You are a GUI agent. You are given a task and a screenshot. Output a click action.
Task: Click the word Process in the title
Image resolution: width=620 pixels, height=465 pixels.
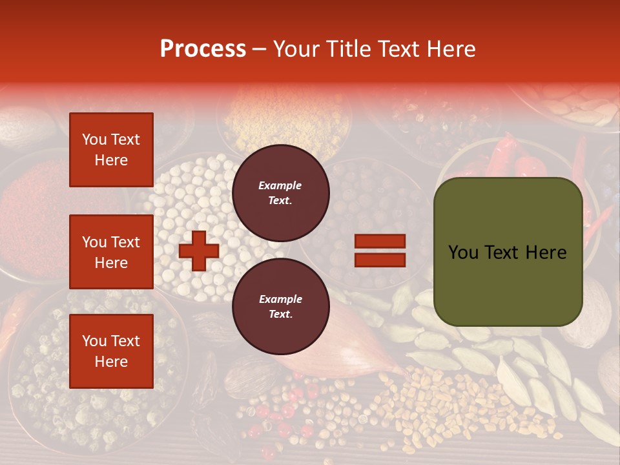(x=203, y=49)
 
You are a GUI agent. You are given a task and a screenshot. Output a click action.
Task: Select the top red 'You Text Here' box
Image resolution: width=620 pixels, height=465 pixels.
(x=111, y=150)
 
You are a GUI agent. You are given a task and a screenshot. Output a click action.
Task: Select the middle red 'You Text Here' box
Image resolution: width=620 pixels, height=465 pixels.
(x=111, y=252)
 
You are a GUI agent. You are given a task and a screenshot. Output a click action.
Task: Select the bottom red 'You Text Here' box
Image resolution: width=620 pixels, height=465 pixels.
(x=111, y=351)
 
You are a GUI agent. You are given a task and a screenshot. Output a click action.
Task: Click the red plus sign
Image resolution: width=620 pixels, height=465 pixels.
(x=198, y=251)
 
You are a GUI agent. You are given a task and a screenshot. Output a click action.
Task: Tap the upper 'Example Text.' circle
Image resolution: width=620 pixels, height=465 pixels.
(x=280, y=192)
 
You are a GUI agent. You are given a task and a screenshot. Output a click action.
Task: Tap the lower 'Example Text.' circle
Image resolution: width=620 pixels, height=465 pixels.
(x=280, y=306)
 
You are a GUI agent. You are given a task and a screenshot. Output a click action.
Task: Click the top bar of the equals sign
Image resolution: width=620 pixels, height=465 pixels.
(x=380, y=241)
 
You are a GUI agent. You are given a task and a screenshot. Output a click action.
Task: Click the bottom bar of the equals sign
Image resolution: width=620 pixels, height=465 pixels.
(x=380, y=260)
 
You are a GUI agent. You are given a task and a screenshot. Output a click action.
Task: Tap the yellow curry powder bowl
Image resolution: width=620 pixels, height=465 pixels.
(x=284, y=116)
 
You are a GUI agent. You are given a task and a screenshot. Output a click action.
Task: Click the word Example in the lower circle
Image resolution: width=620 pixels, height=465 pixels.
(x=280, y=299)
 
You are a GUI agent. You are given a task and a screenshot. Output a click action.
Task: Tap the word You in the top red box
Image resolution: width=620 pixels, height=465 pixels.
(x=94, y=139)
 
